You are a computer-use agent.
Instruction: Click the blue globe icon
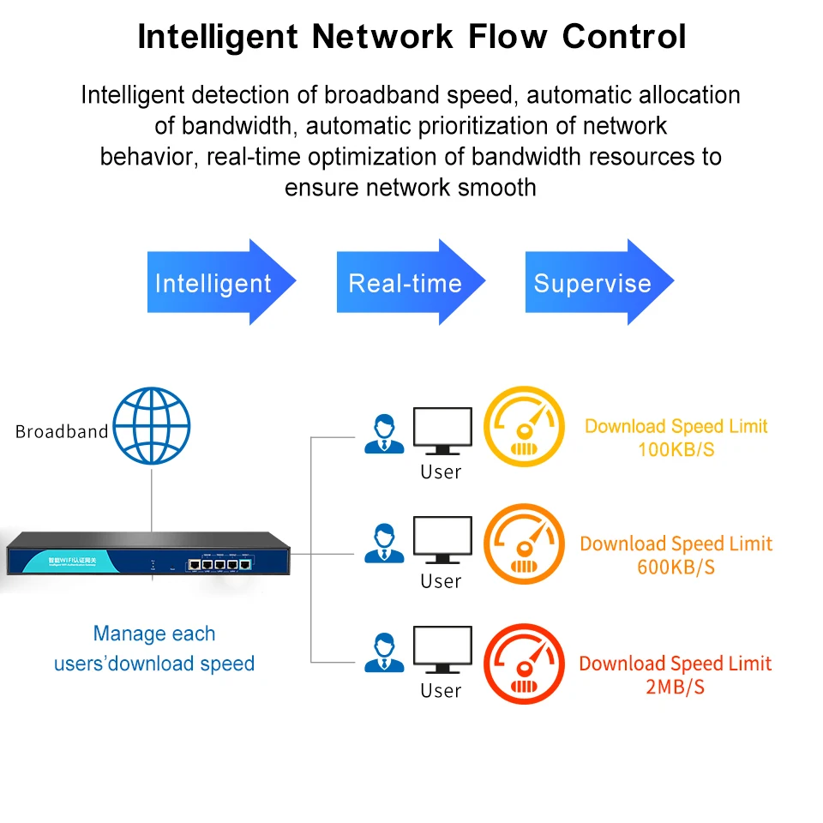(x=152, y=427)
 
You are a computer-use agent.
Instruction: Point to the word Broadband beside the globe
(x=62, y=431)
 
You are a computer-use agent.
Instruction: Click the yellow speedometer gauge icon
(x=524, y=426)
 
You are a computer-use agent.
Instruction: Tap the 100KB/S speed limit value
(x=676, y=449)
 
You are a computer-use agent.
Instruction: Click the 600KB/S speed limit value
(x=676, y=567)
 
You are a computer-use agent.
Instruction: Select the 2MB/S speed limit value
(x=676, y=687)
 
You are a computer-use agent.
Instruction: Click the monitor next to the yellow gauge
(x=442, y=431)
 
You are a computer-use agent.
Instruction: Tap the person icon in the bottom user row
(x=384, y=652)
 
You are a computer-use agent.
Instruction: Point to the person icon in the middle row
(x=384, y=543)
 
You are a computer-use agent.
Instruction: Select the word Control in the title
(x=624, y=37)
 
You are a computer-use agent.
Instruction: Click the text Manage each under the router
(x=154, y=634)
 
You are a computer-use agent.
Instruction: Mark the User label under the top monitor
(x=441, y=472)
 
